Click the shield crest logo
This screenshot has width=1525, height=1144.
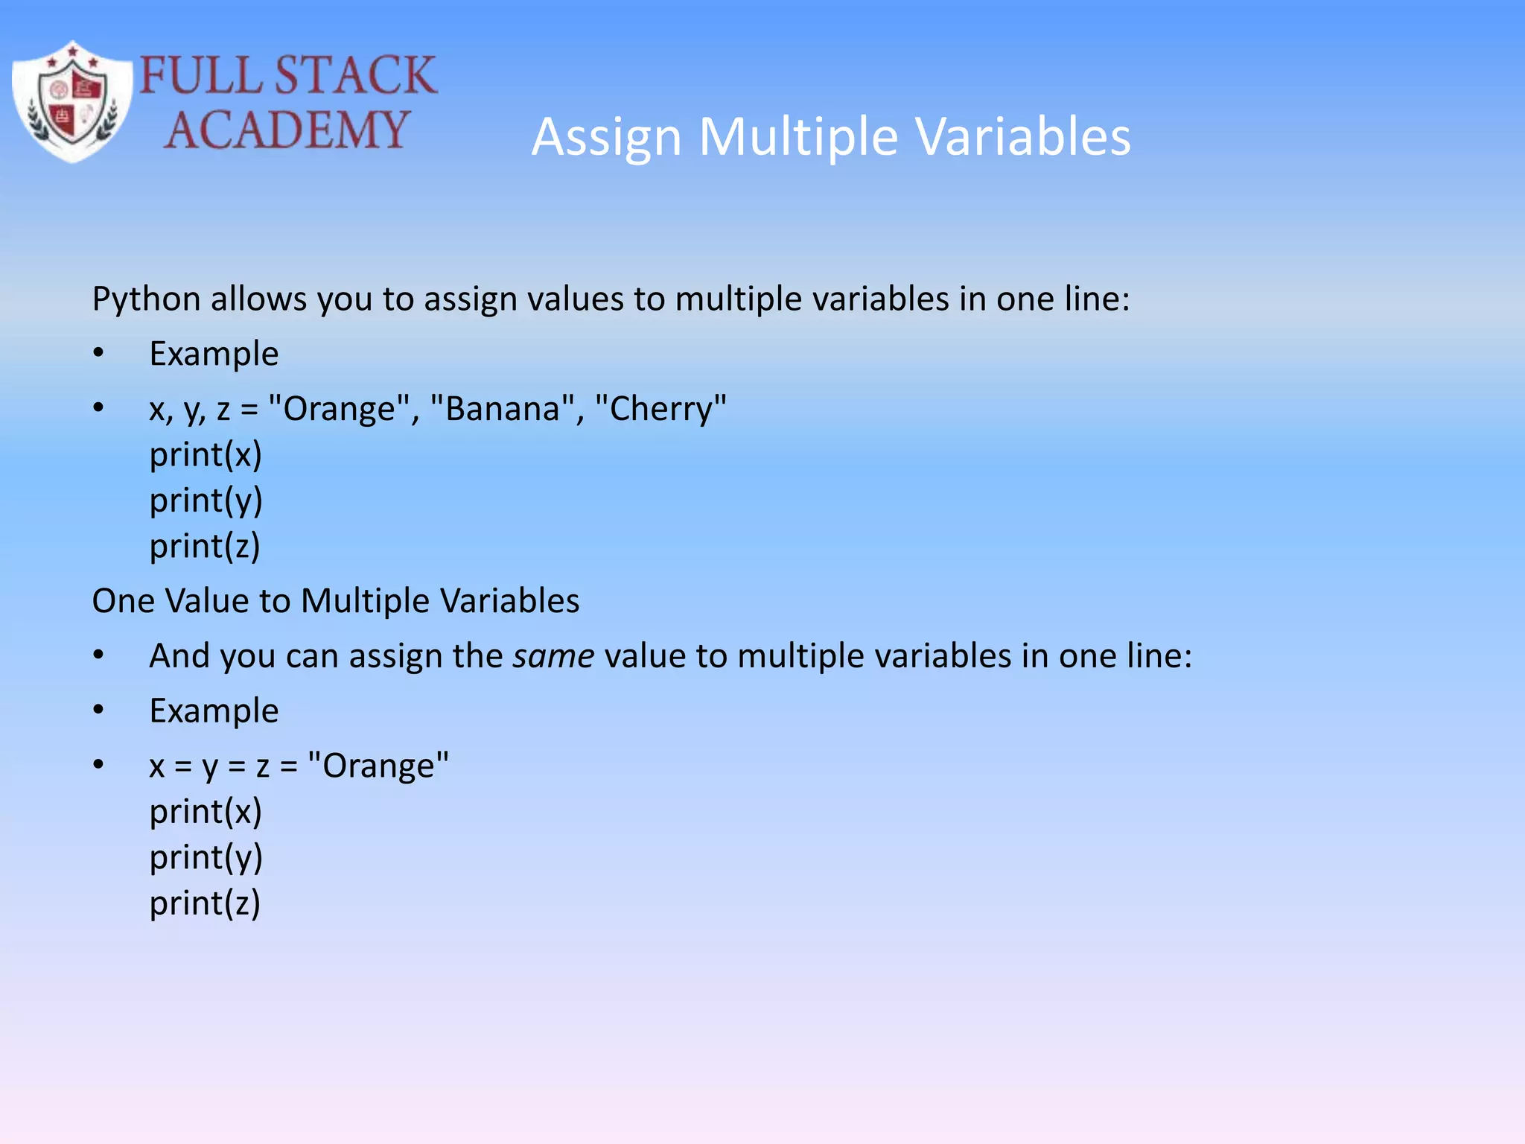[x=72, y=101]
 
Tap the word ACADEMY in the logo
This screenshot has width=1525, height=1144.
[x=287, y=130]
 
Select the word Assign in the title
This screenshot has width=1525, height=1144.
[x=607, y=138]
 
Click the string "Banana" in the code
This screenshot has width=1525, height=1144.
[x=503, y=409]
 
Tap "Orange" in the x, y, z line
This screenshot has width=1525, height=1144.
[x=339, y=409]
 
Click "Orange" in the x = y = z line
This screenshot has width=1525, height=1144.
[x=378, y=766]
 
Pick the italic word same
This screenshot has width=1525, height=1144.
[x=553, y=656]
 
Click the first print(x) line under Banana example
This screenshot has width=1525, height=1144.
[x=206, y=454]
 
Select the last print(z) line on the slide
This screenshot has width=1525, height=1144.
[x=205, y=903]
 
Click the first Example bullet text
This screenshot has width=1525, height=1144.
[x=214, y=354]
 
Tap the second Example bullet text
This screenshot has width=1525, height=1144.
[x=214, y=711]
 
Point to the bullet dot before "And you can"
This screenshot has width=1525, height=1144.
[x=98, y=655]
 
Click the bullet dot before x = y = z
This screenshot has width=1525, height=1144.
[x=98, y=765]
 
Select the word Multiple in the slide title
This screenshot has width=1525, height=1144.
[x=798, y=138]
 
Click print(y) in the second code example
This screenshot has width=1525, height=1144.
[x=206, y=857]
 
